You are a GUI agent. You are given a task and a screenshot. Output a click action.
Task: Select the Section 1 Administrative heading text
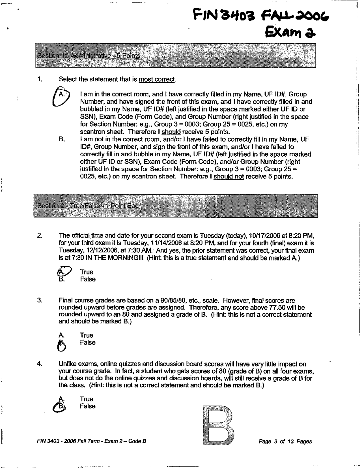coord(89,56)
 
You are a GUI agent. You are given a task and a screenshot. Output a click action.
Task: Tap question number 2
coord(40,236)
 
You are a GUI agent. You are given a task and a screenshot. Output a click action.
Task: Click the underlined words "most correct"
coord(157,79)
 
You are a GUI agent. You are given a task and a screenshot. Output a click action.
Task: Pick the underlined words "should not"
coord(229,176)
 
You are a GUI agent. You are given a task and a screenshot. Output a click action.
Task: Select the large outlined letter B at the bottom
coord(218,425)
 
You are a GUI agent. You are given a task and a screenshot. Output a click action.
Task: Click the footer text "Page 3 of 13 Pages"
coord(285,442)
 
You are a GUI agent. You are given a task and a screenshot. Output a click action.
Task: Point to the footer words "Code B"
coord(137,441)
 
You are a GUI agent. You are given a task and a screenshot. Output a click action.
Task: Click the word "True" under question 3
coord(86,335)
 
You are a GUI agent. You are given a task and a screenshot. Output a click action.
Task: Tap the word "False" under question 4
coord(88,406)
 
